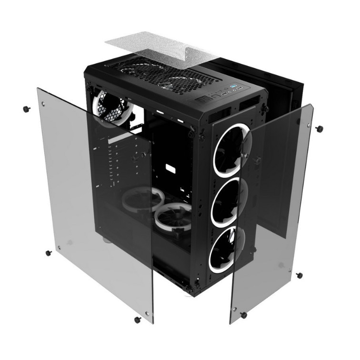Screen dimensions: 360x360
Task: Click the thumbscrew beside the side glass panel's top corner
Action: (26, 109)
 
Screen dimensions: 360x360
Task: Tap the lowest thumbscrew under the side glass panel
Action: (137, 319)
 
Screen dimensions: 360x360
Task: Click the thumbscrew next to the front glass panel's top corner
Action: (319, 129)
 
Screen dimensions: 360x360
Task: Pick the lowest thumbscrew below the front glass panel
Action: (244, 315)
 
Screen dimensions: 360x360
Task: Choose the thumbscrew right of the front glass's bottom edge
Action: (299, 275)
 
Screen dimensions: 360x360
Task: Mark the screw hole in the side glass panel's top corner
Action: (43, 103)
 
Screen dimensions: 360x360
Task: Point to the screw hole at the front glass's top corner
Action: (299, 122)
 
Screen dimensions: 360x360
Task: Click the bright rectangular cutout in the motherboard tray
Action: (170, 169)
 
